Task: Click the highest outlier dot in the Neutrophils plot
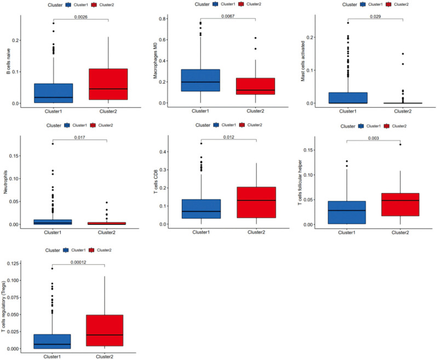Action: pos(53,143)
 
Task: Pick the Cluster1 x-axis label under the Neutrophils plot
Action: pos(53,232)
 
